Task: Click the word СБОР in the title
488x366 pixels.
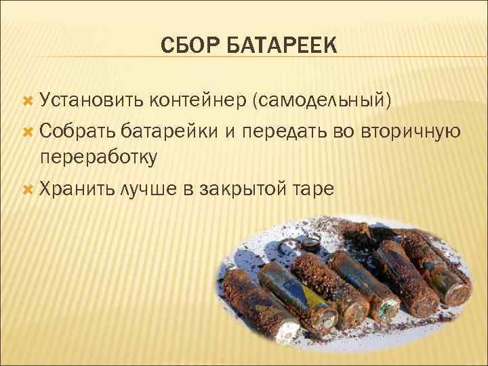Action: [190, 47]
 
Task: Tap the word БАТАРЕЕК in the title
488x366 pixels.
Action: [279, 47]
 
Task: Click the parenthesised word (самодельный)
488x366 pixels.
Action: [322, 102]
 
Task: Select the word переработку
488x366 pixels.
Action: [99, 157]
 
